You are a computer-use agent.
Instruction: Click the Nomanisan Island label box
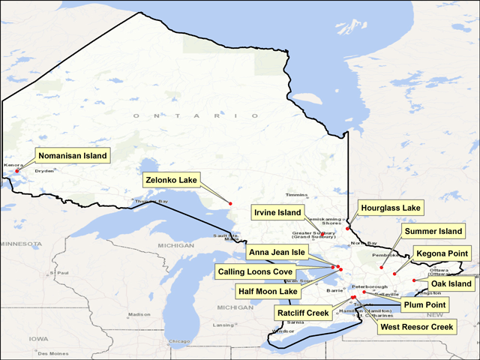[73, 156]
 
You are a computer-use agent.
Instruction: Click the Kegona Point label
[442, 254]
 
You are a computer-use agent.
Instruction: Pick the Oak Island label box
[451, 283]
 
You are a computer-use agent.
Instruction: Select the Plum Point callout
[424, 304]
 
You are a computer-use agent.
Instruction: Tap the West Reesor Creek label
[416, 326]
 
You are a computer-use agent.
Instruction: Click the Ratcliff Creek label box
[303, 313]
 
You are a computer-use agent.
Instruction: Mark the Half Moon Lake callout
[268, 290]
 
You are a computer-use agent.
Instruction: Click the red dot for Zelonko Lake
[230, 204]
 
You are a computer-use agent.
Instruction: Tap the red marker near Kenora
[16, 170]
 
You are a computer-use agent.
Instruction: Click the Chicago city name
[178, 342]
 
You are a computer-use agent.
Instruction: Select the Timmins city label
[297, 194]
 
